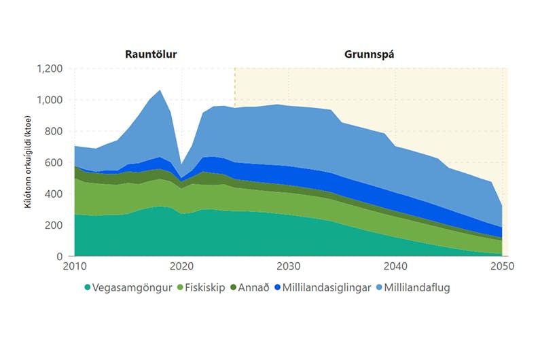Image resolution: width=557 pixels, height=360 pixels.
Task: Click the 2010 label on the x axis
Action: click(75, 266)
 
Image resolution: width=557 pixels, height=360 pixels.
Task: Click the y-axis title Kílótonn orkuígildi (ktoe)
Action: click(29, 163)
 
